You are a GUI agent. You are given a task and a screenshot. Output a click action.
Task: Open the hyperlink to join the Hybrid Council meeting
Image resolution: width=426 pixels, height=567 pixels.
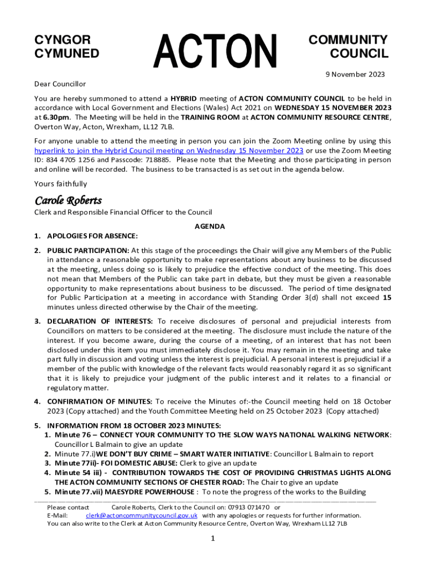[169, 151]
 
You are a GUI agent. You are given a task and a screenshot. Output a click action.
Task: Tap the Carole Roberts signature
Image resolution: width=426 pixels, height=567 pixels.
[68, 200]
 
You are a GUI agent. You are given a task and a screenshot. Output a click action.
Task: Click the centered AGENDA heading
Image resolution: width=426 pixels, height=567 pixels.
[210, 226]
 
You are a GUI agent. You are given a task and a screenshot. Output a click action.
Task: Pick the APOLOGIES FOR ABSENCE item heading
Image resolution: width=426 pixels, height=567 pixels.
[92, 236]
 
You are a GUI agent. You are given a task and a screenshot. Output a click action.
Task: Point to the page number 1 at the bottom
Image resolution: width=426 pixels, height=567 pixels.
[212, 539]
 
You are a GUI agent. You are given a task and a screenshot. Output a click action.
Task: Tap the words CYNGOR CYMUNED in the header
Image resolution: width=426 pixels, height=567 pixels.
[67, 47]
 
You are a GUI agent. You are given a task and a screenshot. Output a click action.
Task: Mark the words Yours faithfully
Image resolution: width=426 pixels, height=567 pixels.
[60, 184]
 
